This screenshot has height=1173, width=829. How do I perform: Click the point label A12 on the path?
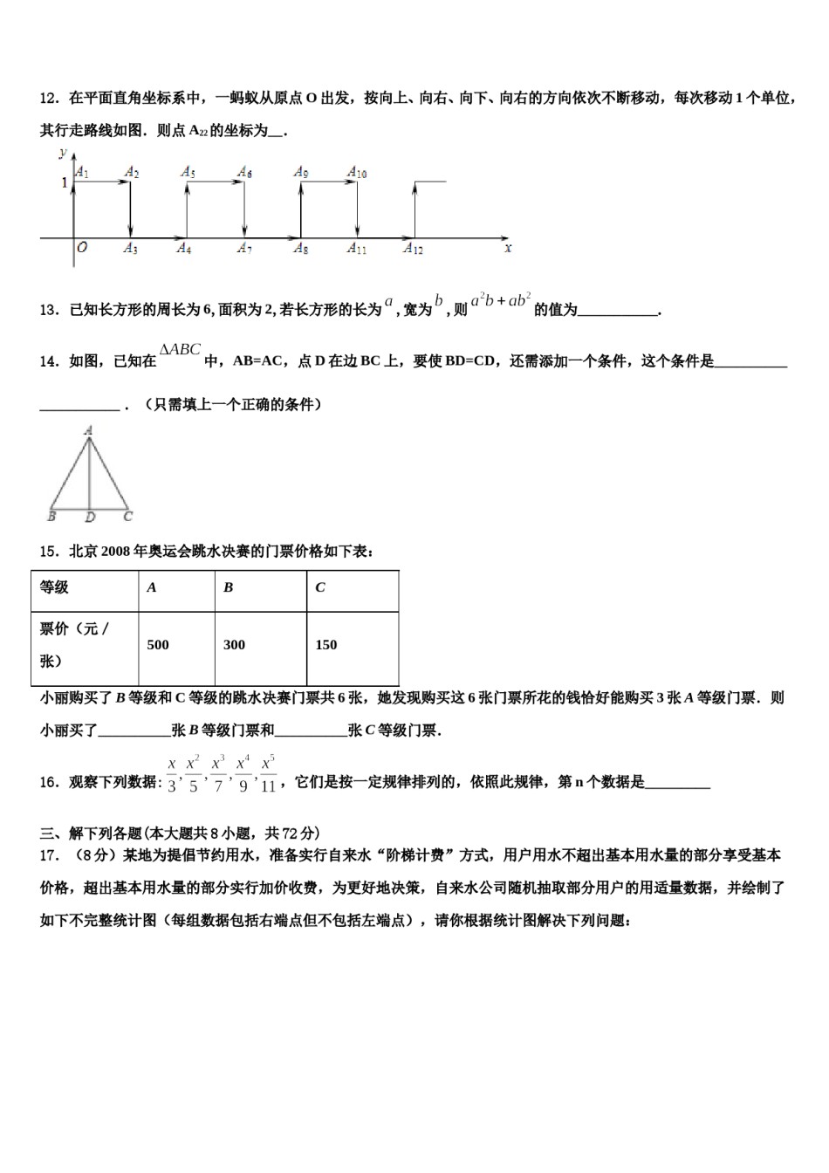click(413, 250)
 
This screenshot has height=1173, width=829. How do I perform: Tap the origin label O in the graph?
click(82, 248)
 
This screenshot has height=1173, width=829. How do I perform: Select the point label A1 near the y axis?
click(82, 173)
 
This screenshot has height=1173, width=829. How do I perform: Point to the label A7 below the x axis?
click(244, 250)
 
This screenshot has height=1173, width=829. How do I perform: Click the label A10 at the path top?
click(357, 173)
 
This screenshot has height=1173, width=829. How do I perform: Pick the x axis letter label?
click(508, 248)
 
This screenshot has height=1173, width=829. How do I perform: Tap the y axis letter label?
click(63, 153)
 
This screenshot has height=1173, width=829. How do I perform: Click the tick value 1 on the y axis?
click(64, 183)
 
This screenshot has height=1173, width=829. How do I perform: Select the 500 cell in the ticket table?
click(158, 645)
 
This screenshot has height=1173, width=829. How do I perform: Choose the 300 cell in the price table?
click(234, 645)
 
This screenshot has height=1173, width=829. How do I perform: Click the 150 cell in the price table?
click(325, 645)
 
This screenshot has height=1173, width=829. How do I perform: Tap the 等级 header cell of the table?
click(54, 587)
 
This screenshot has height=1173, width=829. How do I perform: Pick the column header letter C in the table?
click(320, 587)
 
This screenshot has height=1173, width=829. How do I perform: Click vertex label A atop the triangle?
click(88, 429)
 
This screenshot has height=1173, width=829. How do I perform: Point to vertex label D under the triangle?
click(90, 518)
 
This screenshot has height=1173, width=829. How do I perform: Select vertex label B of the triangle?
click(51, 517)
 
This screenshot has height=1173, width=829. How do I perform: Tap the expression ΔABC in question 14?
click(180, 350)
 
